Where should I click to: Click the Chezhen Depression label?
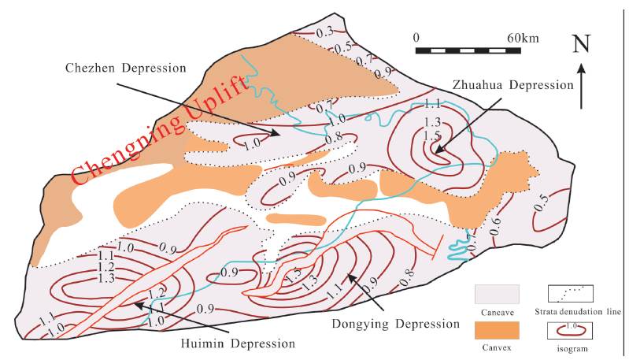pos(125,68)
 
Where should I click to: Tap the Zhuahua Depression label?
pos(513,85)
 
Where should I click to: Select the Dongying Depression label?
pos(395,324)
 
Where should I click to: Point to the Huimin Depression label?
pos(238,343)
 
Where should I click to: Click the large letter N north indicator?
pos(582,44)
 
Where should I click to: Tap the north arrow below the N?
pos(582,86)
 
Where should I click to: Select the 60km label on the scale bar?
pos(523,38)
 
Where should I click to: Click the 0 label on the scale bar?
pos(416,38)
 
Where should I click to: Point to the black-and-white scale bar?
pos(468,50)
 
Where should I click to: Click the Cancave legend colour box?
pos(497,294)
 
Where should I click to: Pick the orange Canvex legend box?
pos(497,330)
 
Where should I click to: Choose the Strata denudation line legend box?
pos(571,294)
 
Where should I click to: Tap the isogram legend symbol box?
pos(571,331)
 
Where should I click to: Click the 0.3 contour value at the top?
pos(324,33)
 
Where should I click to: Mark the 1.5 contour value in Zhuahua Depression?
pos(432,135)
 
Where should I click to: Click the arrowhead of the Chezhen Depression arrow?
pos(276,133)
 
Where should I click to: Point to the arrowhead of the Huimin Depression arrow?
pos(138,306)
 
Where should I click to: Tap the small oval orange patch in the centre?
pos(296,220)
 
